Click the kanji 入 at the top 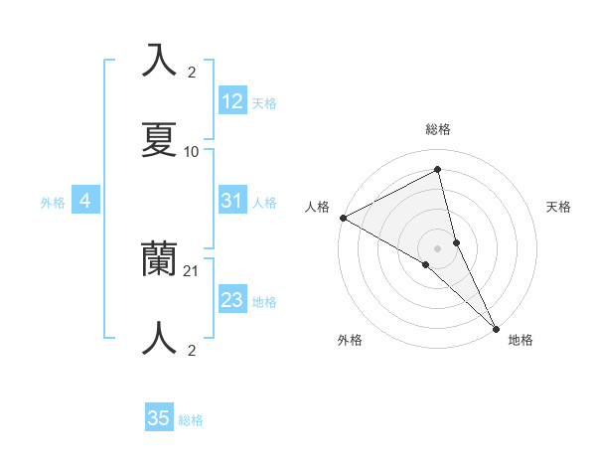160,61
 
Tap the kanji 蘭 160,259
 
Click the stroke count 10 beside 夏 192,152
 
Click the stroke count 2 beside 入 192,73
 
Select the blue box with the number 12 231,101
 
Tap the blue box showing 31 231,201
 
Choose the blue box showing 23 231,300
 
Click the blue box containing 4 85,201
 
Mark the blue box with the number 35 159,418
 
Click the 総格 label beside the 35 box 192,420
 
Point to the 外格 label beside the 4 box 53,203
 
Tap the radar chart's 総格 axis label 438,129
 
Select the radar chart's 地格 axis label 521,341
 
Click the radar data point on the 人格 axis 343,218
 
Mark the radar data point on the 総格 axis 438,169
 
